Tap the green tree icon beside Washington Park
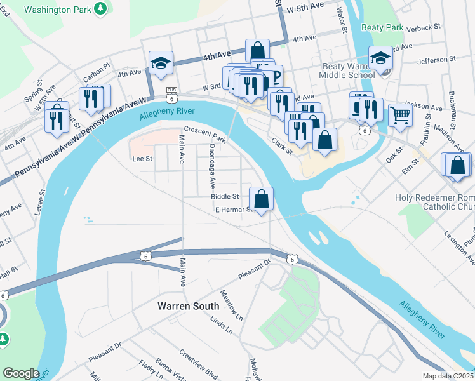(100, 8)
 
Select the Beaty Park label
(382, 27)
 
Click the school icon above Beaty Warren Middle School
(380, 57)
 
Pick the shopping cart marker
(401, 115)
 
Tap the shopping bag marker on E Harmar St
(262, 198)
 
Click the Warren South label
(189, 306)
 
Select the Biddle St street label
(225, 197)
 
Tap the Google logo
(22, 373)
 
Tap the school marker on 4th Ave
(160, 62)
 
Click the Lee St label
(142, 159)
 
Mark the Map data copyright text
(448, 376)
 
